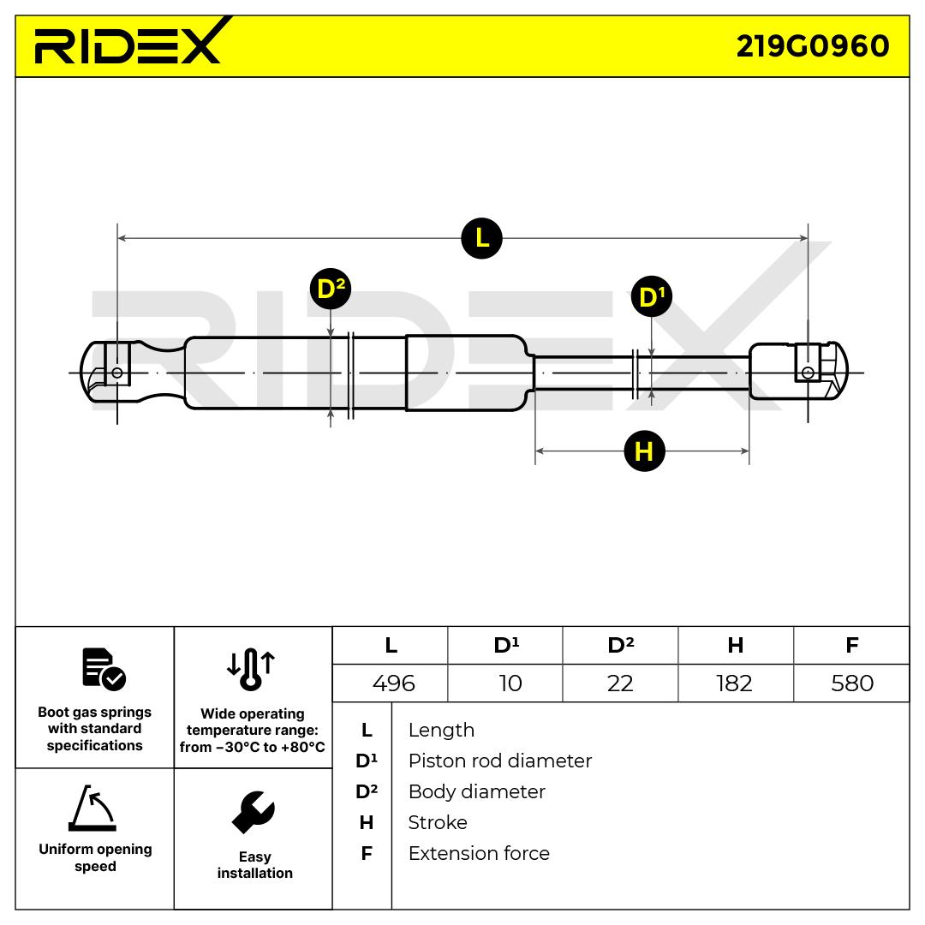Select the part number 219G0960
tap(813, 45)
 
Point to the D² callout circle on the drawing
tap(330, 289)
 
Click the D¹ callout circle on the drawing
tap(652, 297)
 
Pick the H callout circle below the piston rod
tap(644, 451)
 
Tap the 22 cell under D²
tap(620, 683)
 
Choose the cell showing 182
tap(734, 683)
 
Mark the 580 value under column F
tap(851, 683)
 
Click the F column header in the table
tap(851, 645)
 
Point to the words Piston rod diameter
tap(499, 761)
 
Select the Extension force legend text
tap(479, 853)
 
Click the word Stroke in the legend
tap(438, 822)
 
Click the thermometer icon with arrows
tap(251, 669)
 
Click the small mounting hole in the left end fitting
tap(116, 373)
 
